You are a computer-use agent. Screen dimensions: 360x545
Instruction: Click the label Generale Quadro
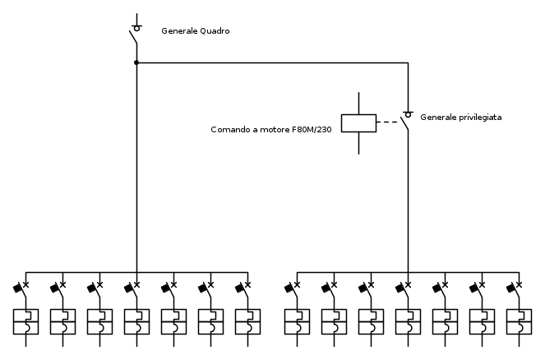coord(195,31)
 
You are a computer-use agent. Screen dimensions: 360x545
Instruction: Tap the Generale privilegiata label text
coord(460,118)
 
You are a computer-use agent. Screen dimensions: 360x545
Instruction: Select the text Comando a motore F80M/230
coord(270,130)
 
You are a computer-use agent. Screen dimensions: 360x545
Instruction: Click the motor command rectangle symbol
coord(358,123)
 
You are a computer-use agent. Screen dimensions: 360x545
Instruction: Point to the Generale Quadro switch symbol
coord(135,33)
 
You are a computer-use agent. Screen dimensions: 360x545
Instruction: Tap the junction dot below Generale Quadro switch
coord(136,62)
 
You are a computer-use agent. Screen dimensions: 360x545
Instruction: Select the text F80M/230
coord(312,130)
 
